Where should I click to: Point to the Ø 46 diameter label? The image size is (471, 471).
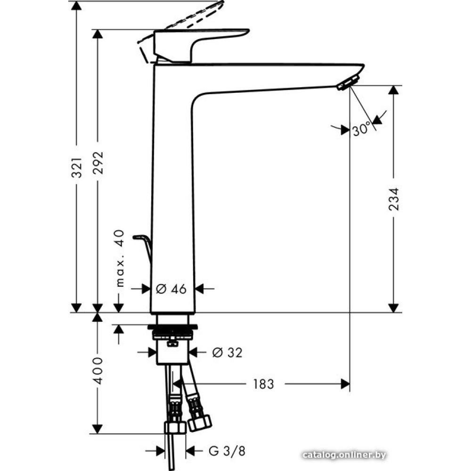pos(171,289)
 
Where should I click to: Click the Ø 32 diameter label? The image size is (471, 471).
pos(227,352)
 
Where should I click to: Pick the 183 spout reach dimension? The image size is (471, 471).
pos(263,384)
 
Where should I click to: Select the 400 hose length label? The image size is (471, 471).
pos(98,371)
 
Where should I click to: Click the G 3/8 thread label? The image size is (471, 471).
pos(227,452)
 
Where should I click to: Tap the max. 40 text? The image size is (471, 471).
pos(120,259)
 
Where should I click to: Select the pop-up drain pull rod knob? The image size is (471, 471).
pos(140,236)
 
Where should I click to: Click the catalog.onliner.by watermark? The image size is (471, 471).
pos(345,455)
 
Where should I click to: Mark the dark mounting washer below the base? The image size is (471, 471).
pos(173,326)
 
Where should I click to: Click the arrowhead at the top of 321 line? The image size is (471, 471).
pos(77,7)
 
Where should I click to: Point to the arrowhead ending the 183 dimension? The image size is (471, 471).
pos(345,384)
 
